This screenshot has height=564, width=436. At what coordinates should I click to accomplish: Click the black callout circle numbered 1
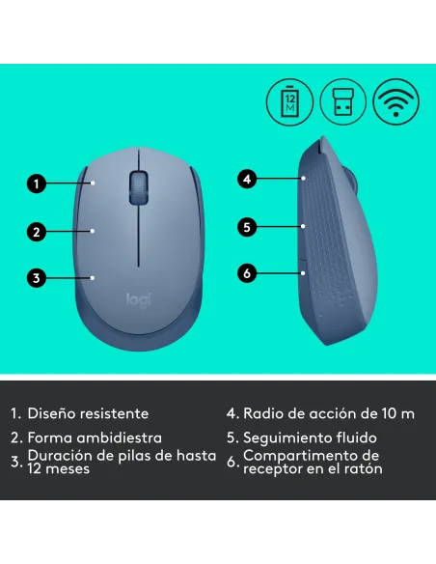click(36, 182)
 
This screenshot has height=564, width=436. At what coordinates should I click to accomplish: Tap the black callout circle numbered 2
click(36, 231)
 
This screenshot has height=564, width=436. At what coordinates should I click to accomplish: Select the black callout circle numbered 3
click(36, 278)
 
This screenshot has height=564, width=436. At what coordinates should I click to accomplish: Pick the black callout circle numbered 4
click(247, 179)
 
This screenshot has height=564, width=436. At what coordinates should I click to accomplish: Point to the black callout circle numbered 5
click(247, 227)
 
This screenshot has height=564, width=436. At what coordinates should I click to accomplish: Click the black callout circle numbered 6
click(247, 273)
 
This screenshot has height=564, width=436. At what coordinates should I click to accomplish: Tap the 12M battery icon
click(290, 99)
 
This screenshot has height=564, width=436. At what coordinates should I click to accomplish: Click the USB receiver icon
click(341, 99)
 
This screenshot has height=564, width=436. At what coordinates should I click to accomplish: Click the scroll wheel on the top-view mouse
click(139, 184)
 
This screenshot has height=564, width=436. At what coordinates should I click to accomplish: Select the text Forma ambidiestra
click(94, 437)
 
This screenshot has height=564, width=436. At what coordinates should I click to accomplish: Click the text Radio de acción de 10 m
click(328, 413)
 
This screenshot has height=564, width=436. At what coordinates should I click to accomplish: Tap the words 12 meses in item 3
click(59, 468)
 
